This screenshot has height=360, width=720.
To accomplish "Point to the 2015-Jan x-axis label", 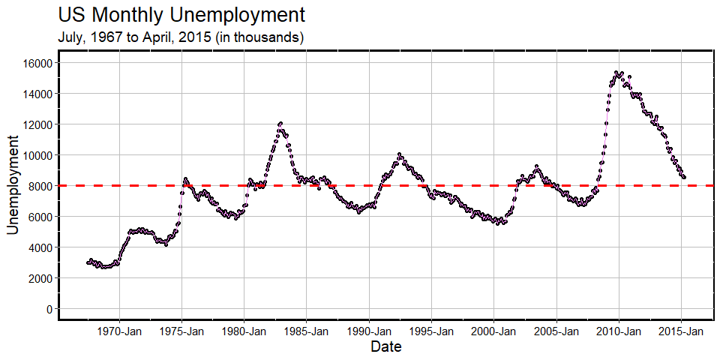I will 681,331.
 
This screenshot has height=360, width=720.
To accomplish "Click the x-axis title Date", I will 385,347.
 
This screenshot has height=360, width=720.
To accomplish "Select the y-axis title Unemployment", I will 13,184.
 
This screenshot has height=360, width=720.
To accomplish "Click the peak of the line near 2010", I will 617,73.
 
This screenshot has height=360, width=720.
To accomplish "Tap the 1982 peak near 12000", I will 280,123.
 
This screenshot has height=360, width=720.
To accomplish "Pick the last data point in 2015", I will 684,177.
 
